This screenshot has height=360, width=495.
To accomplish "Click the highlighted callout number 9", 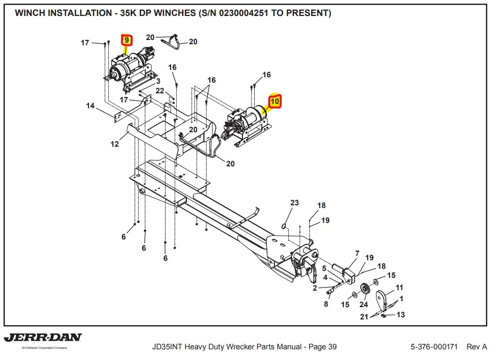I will pos(127,40).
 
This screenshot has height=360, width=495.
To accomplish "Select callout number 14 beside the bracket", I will pos(91,106).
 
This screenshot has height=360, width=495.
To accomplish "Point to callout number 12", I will pos(115,144).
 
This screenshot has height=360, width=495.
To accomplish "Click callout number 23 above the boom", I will pos(295,203).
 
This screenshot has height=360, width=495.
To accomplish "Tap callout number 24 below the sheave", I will pos(363,305).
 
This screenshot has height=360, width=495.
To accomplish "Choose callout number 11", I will pos(399,287).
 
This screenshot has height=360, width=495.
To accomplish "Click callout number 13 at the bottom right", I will pos(401,315).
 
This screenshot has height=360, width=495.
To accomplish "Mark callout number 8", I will pos(326,305).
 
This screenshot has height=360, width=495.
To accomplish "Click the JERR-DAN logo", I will pos(43,338).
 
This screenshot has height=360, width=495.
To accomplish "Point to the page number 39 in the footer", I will pos(332,347).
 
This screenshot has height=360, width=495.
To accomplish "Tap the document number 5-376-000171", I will pos(434,347).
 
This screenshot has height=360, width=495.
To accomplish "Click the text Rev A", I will pos(477,347).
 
